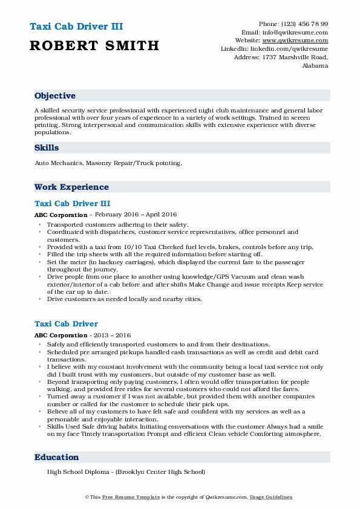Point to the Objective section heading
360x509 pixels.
55,96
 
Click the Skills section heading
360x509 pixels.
47,148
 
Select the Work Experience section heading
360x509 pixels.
71,187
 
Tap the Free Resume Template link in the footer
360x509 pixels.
127,497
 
